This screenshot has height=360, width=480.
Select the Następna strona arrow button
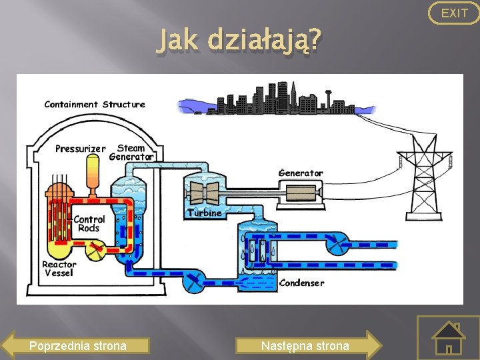tap(307, 345)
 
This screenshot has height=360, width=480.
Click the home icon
tap(448, 339)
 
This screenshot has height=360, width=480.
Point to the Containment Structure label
tap(95, 104)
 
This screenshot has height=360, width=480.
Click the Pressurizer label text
tap(80, 148)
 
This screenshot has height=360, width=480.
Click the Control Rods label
tap(89, 223)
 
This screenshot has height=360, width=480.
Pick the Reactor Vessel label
tap(59, 269)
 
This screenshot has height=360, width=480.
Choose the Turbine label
tap(204, 213)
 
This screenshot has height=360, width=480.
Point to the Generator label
tap(301, 173)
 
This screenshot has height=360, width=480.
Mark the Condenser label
tap(302, 283)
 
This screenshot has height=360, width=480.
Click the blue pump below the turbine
tap(195, 281)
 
